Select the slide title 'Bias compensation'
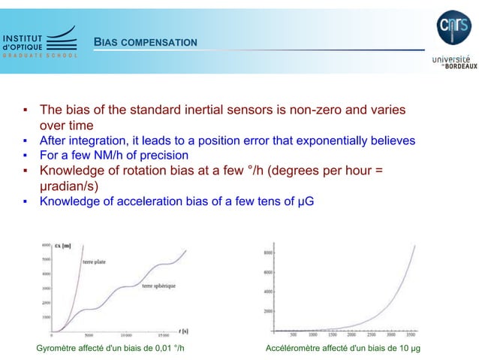(x=146, y=41)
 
